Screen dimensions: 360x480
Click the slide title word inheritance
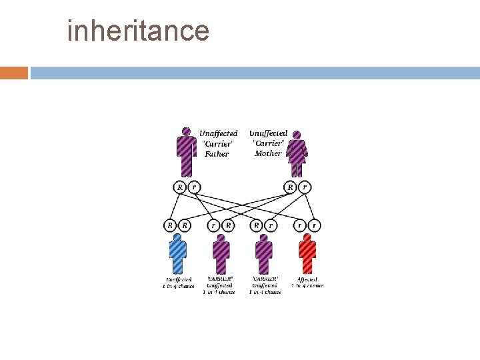(138, 30)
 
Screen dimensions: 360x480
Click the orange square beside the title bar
(13, 73)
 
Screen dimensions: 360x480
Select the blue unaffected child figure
(177, 254)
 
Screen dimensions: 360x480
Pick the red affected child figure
(307, 254)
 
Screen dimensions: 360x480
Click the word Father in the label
(217, 154)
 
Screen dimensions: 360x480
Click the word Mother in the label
(268, 153)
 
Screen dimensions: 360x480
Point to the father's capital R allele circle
(179, 187)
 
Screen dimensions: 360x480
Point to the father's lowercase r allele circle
(194, 187)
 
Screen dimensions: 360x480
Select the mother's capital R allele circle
(290, 187)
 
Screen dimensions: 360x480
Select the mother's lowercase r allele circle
(305, 187)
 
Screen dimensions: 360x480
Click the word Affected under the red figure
(307, 279)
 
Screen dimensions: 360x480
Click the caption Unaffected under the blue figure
(177, 279)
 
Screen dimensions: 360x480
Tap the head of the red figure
(307, 237)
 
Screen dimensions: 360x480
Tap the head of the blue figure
(177, 237)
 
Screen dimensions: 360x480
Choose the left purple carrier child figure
(221, 254)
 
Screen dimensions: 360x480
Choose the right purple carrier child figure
(264, 254)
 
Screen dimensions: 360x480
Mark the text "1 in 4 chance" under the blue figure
(177, 286)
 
